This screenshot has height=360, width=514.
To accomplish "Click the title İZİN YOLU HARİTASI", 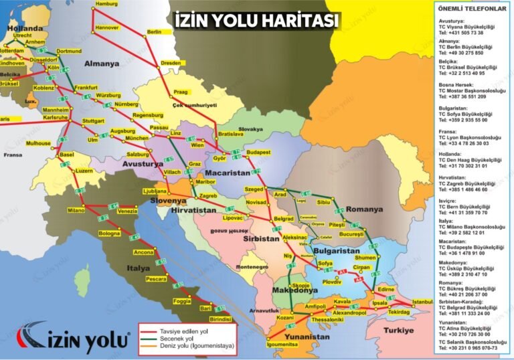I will (256, 21).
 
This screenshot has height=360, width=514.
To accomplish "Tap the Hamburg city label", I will (107, 4).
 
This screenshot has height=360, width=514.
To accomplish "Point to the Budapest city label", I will (258, 153).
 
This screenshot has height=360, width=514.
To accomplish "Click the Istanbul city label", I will (422, 302).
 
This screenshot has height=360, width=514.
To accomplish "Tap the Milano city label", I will (76, 210).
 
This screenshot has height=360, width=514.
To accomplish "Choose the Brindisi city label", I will (220, 320).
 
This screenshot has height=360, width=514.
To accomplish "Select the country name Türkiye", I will (413, 331).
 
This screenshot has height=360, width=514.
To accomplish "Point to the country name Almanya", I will (102, 64).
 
